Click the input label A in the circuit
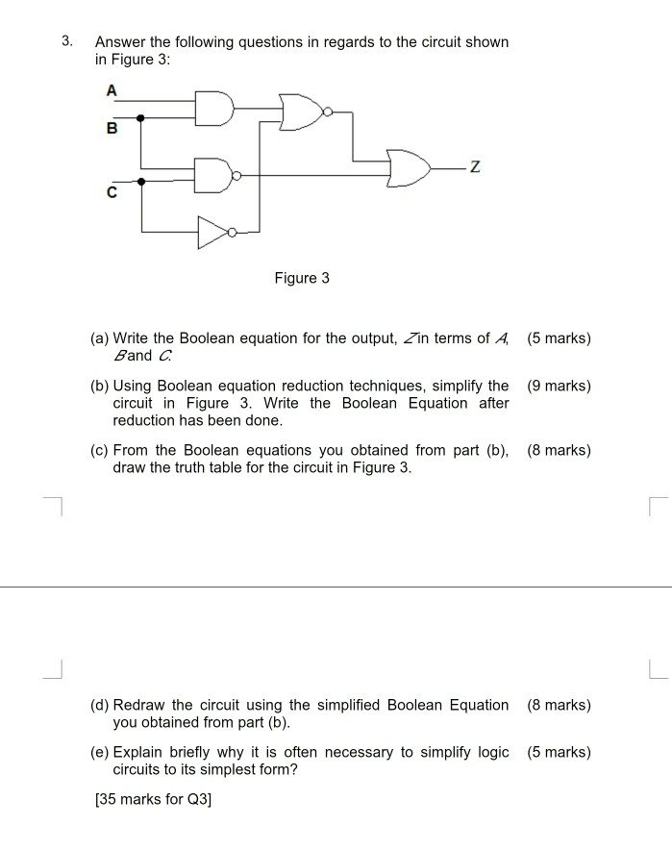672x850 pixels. coord(112,89)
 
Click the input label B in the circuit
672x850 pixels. coord(112,128)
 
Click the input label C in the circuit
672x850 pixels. coord(112,192)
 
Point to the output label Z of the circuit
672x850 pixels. coord(475,169)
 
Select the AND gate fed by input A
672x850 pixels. coord(214,109)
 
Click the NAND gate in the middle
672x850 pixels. coord(214,175)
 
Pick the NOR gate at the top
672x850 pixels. coord(302,112)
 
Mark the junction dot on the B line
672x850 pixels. coord(141,118)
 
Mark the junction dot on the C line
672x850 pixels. coord(141,180)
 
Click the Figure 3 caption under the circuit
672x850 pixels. coord(302,278)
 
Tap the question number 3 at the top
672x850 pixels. coord(66,41)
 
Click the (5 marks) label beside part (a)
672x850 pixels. coord(559,338)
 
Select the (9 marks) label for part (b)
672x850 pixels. coord(559,386)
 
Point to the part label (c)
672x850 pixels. coord(99,450)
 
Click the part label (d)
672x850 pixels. coord(99,705)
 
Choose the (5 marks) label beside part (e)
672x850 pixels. coord(559,752)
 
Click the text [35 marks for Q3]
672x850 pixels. coord(153,798)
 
